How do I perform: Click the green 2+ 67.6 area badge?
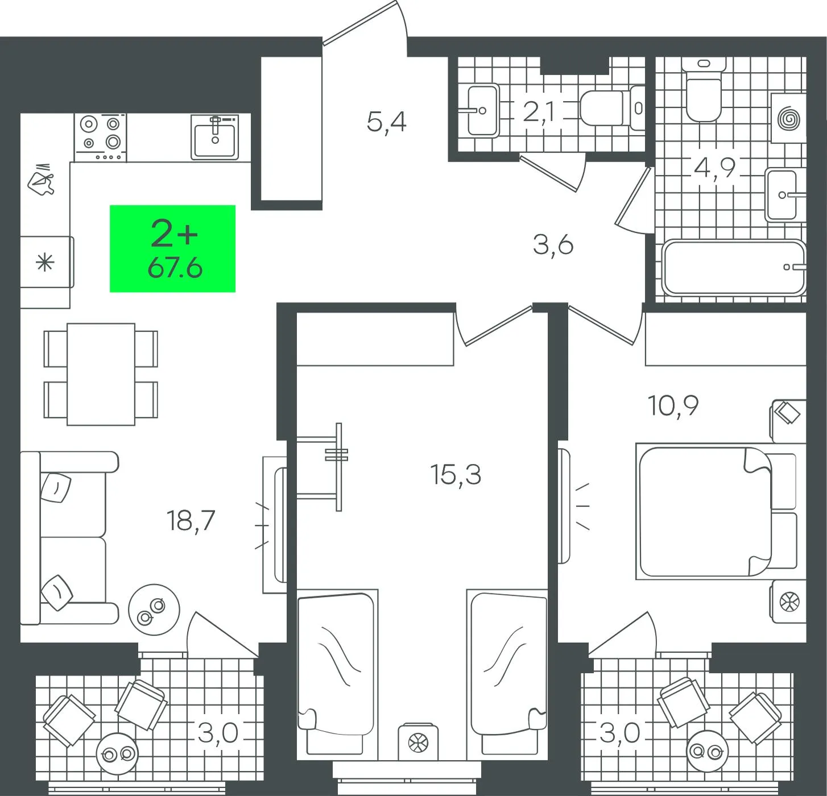click(172, 248)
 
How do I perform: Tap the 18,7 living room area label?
click(191, 521)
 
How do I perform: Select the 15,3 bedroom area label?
click(456, 474)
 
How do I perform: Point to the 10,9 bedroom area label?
click(673, 405)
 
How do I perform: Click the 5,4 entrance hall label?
click(386, 122)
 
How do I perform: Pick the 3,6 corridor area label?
click(553, 245)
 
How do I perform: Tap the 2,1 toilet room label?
click(539, 113)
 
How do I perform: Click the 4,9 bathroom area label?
click(715, 168)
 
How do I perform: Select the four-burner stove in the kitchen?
click(100, 138)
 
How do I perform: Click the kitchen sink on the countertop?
click(214, 137)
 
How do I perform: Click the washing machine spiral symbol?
click(789, 118)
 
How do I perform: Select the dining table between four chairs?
click(101, 374)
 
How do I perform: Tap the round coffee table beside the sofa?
click(154, 610)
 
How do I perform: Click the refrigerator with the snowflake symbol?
click(46, 262)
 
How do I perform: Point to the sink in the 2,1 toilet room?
click(483, 110)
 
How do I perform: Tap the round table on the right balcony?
click(708, 752)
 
